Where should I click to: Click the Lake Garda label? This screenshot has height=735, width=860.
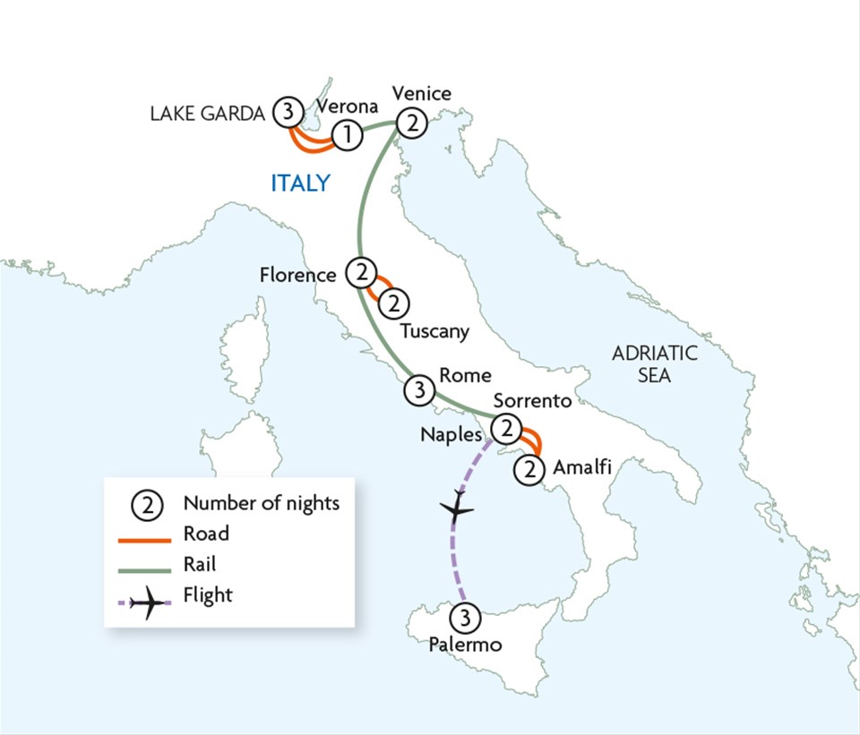coord(207,114)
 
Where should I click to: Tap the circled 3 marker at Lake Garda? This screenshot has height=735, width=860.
coord(287,111)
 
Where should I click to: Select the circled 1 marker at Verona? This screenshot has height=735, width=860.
coord(347,135)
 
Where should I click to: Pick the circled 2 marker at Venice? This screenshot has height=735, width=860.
coord(412,124)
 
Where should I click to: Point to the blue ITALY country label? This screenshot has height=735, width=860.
coord(301,184)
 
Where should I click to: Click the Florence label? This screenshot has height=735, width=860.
coord(297,275)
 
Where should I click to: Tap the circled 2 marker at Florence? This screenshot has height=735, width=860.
coord(360,271)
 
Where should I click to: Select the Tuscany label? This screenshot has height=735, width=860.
coord(434,331)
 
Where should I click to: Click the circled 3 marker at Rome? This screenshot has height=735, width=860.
coord(418,389)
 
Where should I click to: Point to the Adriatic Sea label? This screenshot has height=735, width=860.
coord(654,363)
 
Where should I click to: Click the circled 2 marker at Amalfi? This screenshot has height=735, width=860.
coord(530,467)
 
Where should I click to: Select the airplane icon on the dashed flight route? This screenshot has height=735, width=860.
coord(458,509)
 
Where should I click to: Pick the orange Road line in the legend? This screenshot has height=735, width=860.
coord(146,539)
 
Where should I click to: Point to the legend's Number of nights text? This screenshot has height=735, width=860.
coord(262,503)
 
